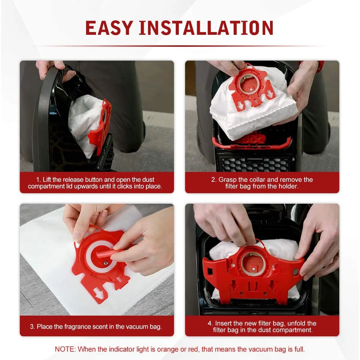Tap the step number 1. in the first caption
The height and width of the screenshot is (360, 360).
38,180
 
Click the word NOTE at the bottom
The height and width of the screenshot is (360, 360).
65,349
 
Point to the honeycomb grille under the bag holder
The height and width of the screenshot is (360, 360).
255,163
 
